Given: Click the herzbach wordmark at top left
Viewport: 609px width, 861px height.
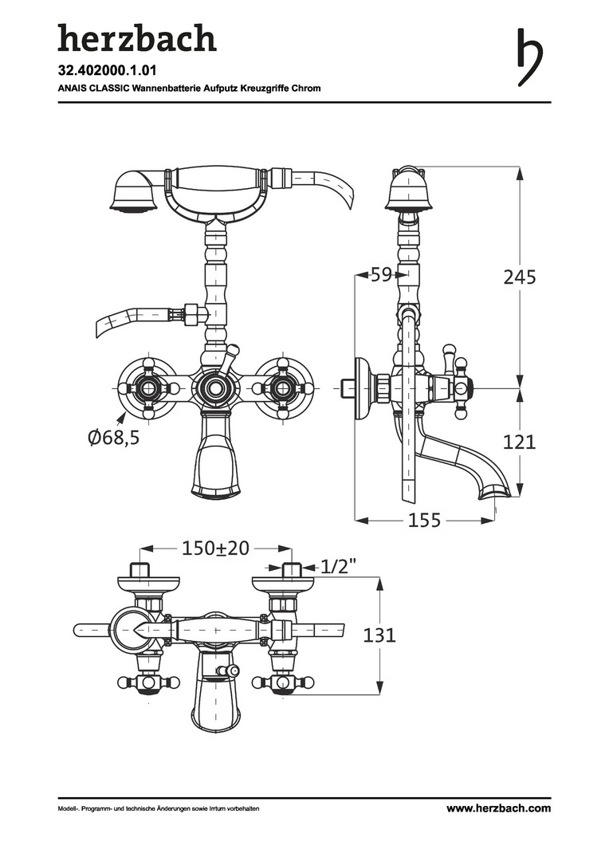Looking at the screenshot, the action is point(137,38).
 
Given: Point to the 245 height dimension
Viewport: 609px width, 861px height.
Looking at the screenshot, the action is point(520,277).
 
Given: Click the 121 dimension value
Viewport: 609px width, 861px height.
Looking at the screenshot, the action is point(520,442).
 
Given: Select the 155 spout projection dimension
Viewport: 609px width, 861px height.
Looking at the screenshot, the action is point(425,520).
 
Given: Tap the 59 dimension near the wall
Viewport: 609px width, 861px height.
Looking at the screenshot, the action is point(382,274).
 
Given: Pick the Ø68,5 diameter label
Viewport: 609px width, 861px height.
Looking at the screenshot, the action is point(114,438).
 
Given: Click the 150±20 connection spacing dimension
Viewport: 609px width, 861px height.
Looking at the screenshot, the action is point(215,548).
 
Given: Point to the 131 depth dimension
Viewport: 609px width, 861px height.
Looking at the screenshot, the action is point(379,635).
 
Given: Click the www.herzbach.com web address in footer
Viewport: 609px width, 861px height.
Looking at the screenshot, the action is point(498,808).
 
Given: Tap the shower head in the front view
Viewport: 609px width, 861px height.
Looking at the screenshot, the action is point(135,190).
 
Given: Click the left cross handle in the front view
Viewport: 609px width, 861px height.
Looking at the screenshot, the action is point(147,387).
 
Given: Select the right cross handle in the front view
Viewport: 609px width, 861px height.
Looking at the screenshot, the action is point(283,387).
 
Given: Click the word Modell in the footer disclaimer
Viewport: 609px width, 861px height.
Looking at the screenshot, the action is point(68,809).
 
